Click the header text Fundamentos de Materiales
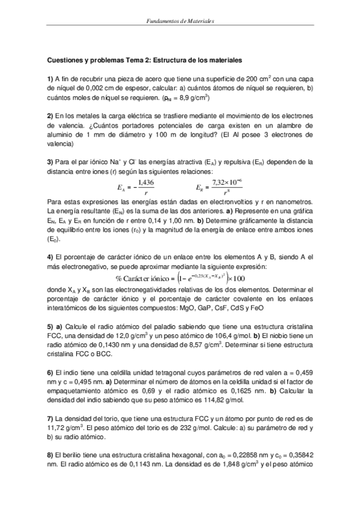(x=180, y=21)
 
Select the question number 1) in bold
(x=50, y=79)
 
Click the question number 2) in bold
(x=50, y=115)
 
